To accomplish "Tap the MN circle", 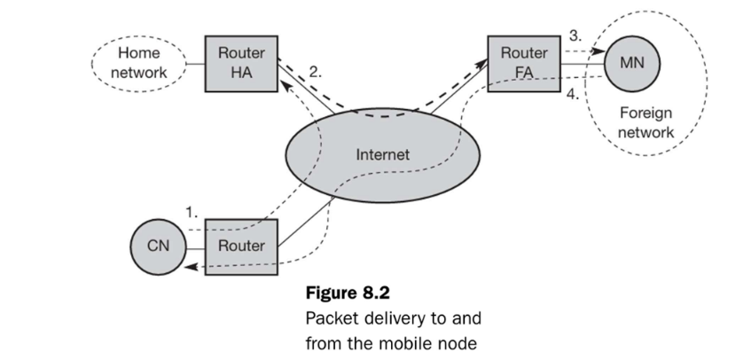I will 630,64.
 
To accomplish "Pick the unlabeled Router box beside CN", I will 241,245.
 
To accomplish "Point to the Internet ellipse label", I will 382,153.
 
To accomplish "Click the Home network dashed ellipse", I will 138,62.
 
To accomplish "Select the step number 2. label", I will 315,69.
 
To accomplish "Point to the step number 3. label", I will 575,36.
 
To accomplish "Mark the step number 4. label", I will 575,93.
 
